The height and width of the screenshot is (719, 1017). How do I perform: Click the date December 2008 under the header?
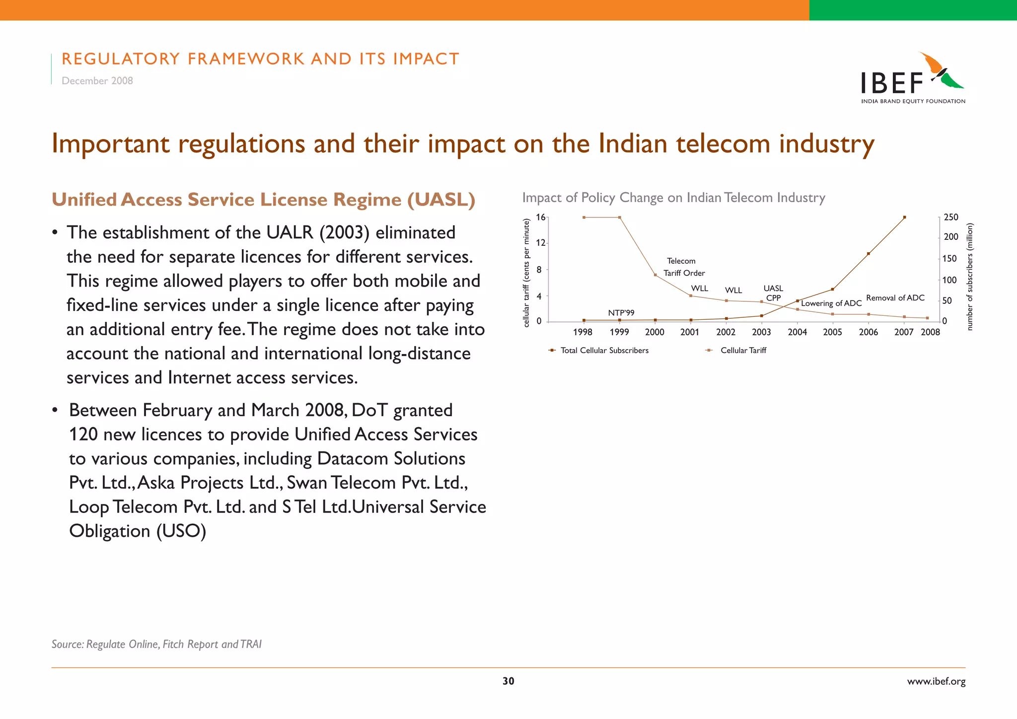tap(97, 81)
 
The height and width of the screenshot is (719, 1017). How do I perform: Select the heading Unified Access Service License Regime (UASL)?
tap(263, 200)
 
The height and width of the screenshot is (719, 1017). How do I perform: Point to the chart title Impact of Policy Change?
tap(673, 198)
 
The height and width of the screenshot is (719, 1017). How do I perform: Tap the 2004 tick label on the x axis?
tap(797, 332)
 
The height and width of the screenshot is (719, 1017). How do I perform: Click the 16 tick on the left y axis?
tap(540, 217)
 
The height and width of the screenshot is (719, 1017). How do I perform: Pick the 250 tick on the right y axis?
tap(951, 217)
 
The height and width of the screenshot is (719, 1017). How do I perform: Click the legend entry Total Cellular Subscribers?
tap(604, 351)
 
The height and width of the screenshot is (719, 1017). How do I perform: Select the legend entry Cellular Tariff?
tap(743, 351)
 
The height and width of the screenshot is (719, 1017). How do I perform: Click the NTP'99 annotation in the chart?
tap(621, 313)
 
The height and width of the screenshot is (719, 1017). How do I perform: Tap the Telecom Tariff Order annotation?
tap(683, 267)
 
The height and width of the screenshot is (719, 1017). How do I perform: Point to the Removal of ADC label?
tap(895, 298)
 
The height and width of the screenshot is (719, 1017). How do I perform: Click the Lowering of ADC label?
tap(831, 303)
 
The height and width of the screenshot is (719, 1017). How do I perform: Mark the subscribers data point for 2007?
tap(904, 217)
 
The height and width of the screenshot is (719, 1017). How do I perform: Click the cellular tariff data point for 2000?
tap(655, 275)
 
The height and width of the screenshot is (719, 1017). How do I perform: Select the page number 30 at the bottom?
tap(508, 681)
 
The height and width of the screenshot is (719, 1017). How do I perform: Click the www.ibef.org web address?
tap(936, 682)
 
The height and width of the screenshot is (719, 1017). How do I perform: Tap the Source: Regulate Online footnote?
tap(156, 645)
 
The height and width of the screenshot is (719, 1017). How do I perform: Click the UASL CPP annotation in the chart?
tap(773, 293)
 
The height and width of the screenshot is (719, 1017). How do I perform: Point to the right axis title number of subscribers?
tap(970, 277)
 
